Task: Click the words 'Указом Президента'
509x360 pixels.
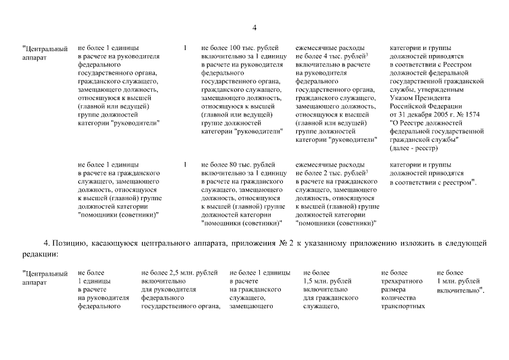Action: coord(417,98)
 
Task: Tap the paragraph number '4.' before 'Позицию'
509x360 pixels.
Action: coord(47,242)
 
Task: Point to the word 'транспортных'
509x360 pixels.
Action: coord(402,307)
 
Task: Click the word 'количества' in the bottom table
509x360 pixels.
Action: coord(398,298)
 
